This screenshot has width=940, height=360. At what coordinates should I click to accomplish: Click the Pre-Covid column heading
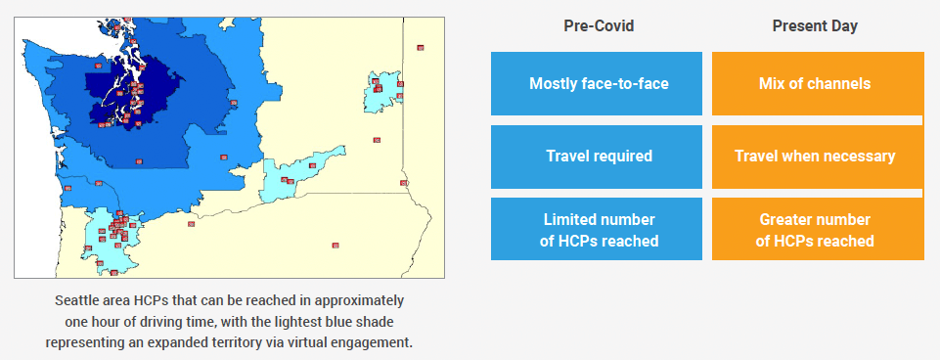599,26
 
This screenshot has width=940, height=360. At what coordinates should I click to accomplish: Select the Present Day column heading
815,26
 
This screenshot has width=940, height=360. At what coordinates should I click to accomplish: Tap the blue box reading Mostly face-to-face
597,83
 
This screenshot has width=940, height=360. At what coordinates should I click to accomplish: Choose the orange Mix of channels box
818,83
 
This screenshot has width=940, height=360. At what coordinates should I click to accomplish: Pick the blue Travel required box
597,157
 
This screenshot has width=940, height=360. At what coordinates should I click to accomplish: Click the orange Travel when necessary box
818,157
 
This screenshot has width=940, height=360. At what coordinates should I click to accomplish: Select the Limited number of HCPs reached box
597,229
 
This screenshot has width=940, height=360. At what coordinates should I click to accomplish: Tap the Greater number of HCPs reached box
818,229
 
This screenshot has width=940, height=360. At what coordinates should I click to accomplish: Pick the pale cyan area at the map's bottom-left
112,240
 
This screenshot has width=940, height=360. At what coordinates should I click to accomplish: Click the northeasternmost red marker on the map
421,47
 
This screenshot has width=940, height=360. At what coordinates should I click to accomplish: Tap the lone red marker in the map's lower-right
336,245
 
